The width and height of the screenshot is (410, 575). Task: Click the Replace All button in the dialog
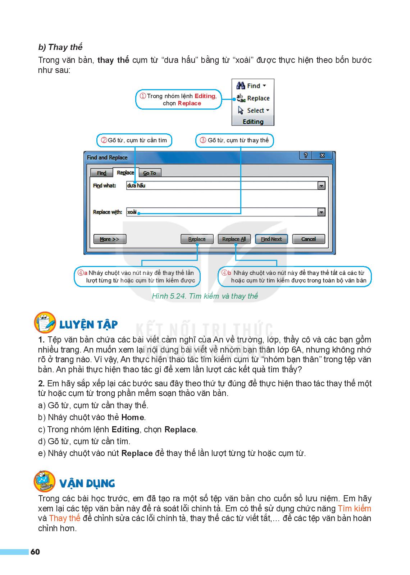point(234,239)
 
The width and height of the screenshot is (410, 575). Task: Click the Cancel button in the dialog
point(308,239)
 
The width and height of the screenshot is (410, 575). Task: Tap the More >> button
point(110,239)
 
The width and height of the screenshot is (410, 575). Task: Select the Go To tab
point(150,173)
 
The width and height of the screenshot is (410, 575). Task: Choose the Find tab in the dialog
point(101,173)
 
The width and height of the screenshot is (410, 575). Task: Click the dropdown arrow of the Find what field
point(322,186)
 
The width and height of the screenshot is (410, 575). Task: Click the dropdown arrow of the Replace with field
point(322,212)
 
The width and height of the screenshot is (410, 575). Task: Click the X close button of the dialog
point(322,156)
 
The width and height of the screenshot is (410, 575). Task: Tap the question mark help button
point(305,156)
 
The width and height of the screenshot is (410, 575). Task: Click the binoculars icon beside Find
point(241,86)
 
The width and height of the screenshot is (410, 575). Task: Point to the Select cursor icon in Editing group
point(241,111)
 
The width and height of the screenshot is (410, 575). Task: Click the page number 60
point(35,552)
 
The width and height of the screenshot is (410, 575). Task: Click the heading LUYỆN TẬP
point(88,325)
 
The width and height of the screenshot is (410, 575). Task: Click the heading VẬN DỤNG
point(87,483)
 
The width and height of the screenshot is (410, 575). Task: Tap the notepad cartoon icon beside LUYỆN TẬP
point(45,322)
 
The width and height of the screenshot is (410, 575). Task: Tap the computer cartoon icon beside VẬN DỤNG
point(45,481)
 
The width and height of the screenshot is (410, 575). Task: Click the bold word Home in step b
point(133,418)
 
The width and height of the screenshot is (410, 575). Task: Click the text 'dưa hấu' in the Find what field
point(136,186)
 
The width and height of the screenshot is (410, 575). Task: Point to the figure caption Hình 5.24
point(205,296)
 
